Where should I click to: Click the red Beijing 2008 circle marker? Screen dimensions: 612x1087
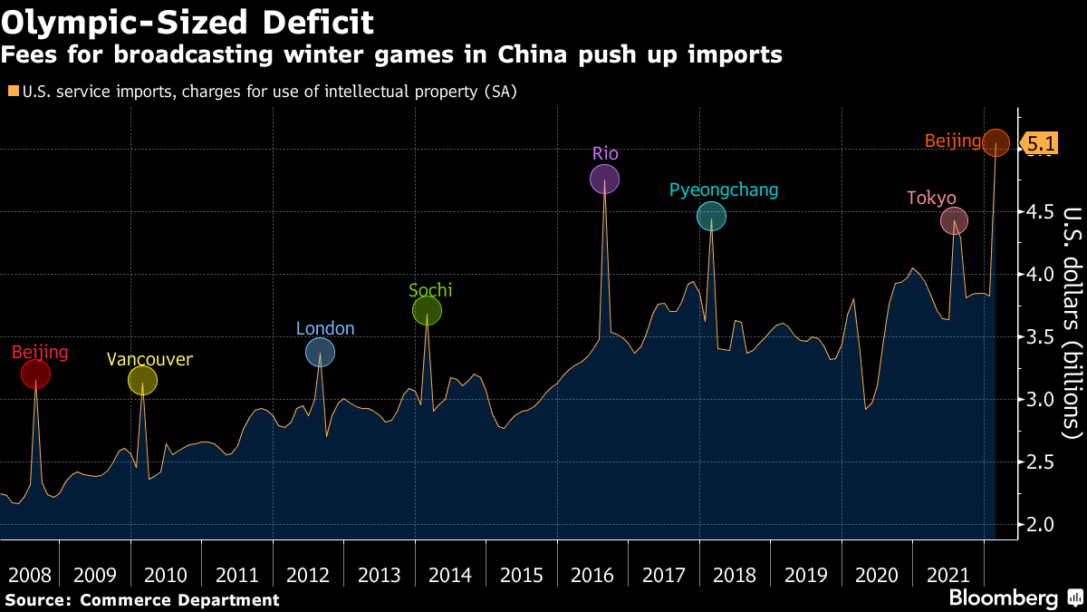click(x=35, y=374)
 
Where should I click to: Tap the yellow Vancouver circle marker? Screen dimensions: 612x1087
click(x=142, y=381)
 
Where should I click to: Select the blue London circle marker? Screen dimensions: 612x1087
click(x=320, y=352)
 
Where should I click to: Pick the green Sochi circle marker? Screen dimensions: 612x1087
click(x=427, y=312)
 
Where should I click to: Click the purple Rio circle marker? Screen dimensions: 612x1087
click(x=604, y=180)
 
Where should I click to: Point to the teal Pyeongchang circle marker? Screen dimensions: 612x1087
click(x=711, y=216)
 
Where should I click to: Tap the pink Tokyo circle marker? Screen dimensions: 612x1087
click(x=954, y=220)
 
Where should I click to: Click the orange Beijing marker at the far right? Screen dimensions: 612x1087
click(x=996, y=142)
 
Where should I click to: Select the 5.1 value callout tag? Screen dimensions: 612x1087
click(x=1039, y=142)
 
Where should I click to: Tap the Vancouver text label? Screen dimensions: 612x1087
click(x=149, y=359)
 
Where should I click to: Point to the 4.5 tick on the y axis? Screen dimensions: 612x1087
click(x=1038, y=212)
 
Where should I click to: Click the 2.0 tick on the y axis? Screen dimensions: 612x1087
click(x=1038, y=524)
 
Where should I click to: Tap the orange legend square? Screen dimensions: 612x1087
click(x=12, y=91)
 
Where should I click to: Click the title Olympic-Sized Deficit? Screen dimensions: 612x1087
click(x=188, y=20)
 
